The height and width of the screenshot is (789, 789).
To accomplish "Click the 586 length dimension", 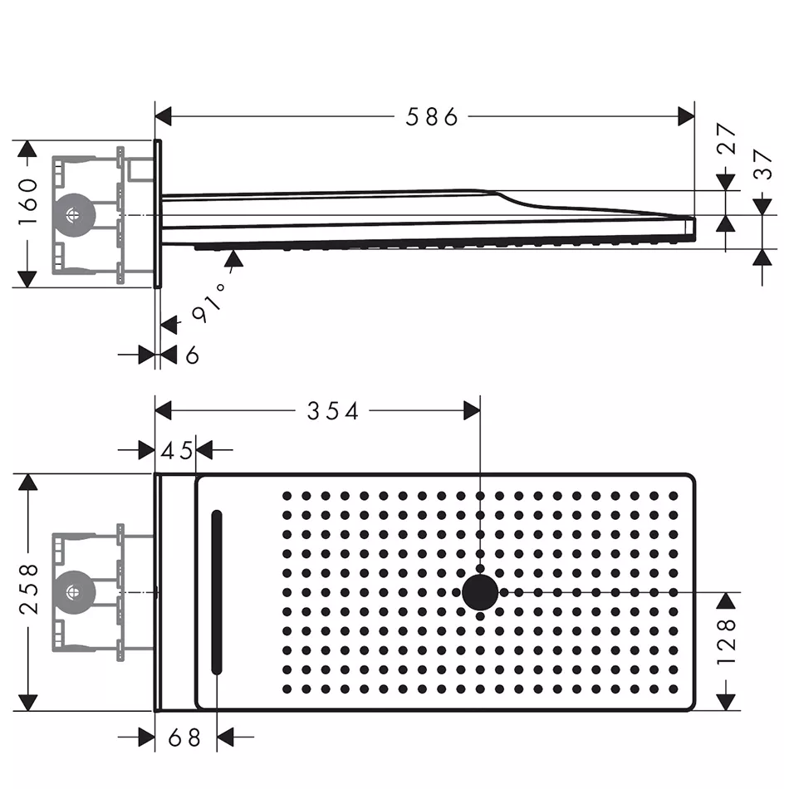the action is (432, 117).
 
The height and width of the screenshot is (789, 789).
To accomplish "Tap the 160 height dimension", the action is (28, 201).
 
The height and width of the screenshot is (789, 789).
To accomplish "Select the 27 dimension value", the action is (727, 138).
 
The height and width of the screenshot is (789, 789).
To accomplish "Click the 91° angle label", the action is (208, 303).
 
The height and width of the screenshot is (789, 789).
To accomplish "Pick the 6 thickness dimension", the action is (192, 355).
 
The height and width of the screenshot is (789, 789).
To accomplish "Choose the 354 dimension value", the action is (332, 411).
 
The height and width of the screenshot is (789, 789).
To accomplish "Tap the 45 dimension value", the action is (177, 450).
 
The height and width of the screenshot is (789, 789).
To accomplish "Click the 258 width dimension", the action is (29, 589).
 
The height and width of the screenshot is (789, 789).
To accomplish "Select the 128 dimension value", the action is (727, 641).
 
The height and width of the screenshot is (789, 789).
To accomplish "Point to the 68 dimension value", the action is (184, 738).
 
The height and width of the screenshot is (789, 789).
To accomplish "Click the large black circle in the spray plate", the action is (480, 592).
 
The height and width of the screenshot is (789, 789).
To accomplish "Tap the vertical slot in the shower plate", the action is (217, 591).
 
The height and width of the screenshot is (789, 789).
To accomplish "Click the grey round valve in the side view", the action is (75, 215).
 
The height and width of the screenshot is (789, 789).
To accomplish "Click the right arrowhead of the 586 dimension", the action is (686, 117).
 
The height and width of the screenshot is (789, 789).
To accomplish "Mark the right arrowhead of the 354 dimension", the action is (472, 410).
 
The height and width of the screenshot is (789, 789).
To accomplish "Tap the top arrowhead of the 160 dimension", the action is (27, 149).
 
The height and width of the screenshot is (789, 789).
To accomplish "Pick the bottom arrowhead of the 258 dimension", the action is (28, 703).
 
